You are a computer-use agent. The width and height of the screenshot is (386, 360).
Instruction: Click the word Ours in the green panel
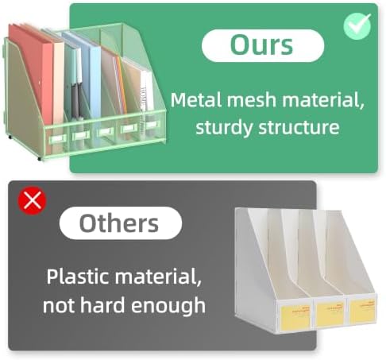[x=261, y=45]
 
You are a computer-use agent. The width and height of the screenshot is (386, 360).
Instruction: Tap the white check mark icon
[x=357, y=26]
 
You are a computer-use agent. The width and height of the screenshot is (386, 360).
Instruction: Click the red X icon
[x=32, y=200]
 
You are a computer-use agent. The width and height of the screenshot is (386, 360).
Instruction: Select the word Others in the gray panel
[x=119, y=223]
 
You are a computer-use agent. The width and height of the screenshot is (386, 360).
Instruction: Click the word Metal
[x=196, y=100]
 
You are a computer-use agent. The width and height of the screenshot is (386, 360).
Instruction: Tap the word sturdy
[x=224, y=129]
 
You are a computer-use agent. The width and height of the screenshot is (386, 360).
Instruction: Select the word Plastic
[x=78, y=277]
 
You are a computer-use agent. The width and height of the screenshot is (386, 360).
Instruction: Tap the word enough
[x=168, y=306]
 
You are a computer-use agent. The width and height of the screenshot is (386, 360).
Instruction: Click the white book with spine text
[x=146, y=91]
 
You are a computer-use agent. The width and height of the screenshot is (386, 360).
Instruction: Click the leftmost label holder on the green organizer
[x=57, y=138]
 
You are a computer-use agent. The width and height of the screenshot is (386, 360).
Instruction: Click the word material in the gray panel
[x=157, y=277]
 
